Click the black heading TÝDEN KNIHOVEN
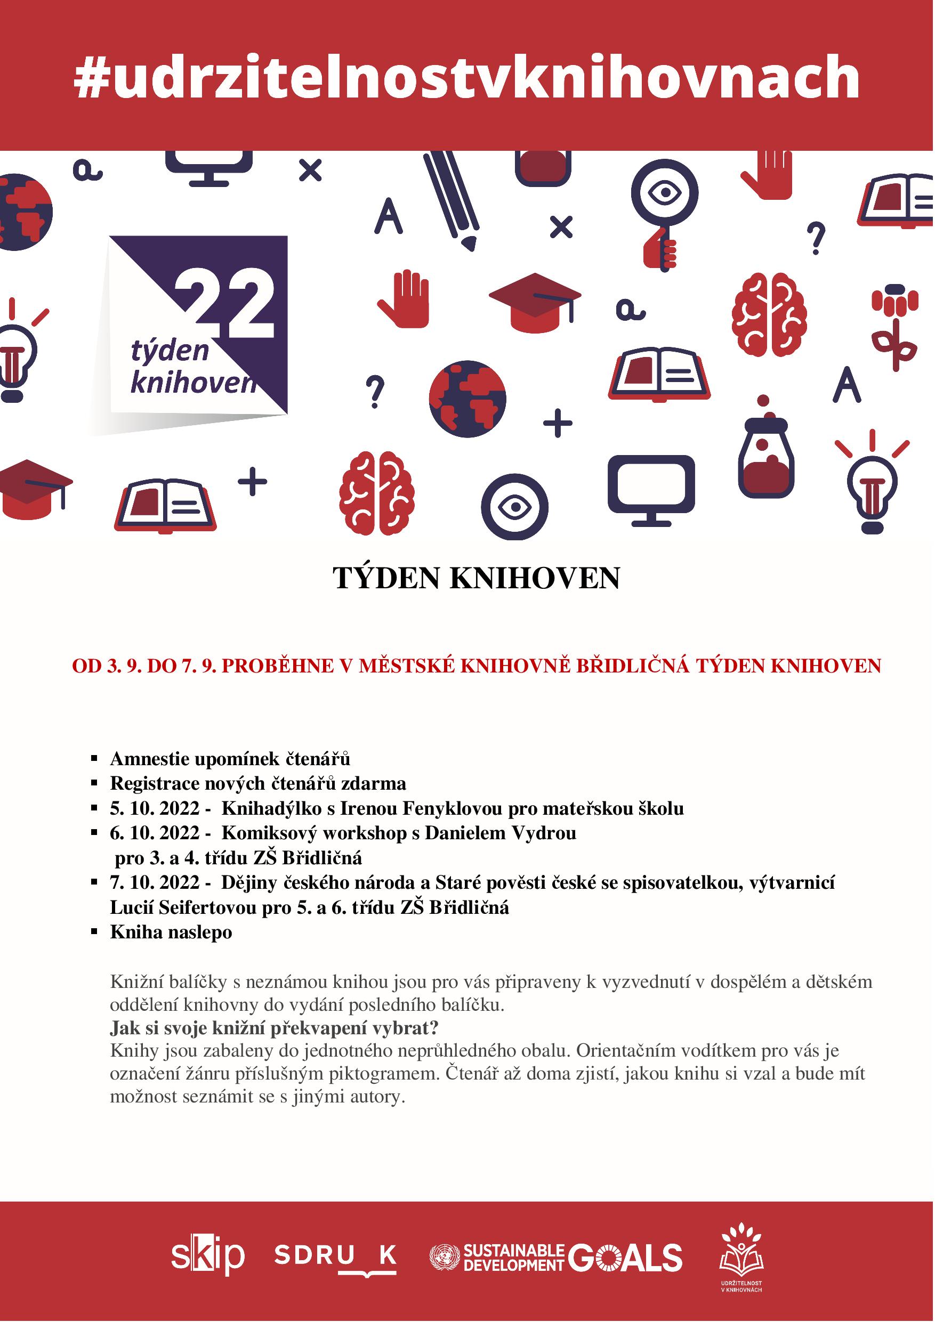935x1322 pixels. (x=477, y=578)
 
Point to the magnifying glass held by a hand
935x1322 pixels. (x=664, y=213)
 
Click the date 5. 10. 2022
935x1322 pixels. (x=155, y=808)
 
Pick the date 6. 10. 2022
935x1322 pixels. (x=155, y=833)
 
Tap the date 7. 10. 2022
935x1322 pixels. (x=155, y=883)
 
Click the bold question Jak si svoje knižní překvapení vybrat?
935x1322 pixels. (x=274, y=1028)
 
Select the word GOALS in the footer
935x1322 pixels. (x=625, y=1256)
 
